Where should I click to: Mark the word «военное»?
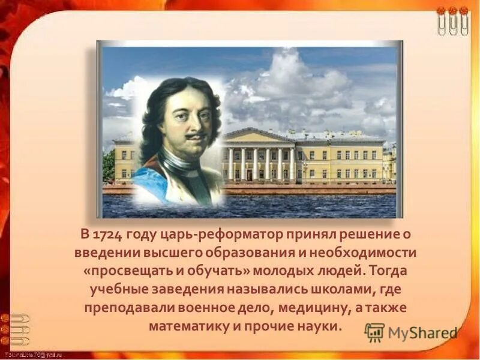(x=205, y=308)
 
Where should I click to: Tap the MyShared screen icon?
(x=374, y=332)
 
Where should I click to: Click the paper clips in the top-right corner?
(x=453, y=21)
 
